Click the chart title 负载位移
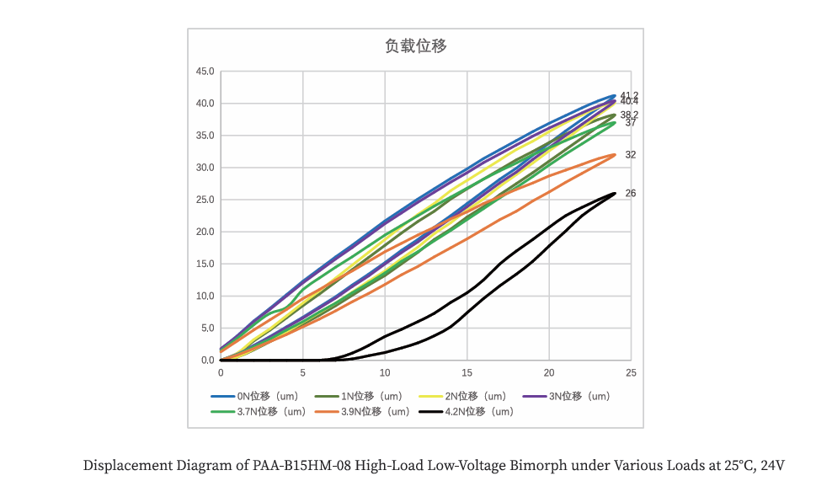[x=416, y=46]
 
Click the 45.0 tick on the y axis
[x=205, y=72]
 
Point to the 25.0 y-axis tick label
[x=205, y=200]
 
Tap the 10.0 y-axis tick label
[x=205, y=297]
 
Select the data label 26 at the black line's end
[x=631, y=194]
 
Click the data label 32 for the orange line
[x=631, y=155]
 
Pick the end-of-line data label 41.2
[x=629, y=95]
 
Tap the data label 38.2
[x=629, y=115]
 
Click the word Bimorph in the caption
[x=536, y=466]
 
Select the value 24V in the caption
[x=772, y=466]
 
